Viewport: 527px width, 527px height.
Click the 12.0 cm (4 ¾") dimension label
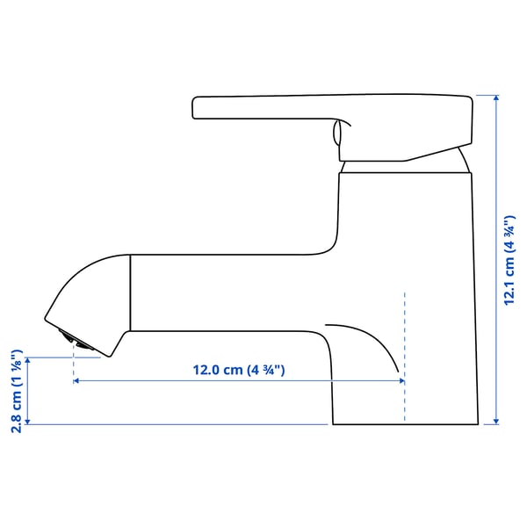pyautogui.click(x=240, y=370)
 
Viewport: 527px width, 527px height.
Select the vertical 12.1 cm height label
pyautogui.click(x=509, y=261)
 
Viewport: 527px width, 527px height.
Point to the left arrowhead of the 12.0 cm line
pyautogui.click(x=77, y=381)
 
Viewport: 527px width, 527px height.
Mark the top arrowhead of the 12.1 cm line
pyautogui.click(x=496, y=99)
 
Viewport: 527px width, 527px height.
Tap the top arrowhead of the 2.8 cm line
pyautogui.click(x=32, y=361)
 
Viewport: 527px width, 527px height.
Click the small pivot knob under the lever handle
pyautogui.click(x=334, y=134)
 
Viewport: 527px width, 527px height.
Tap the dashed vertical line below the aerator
pyautogui.click(x=73, y=369)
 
